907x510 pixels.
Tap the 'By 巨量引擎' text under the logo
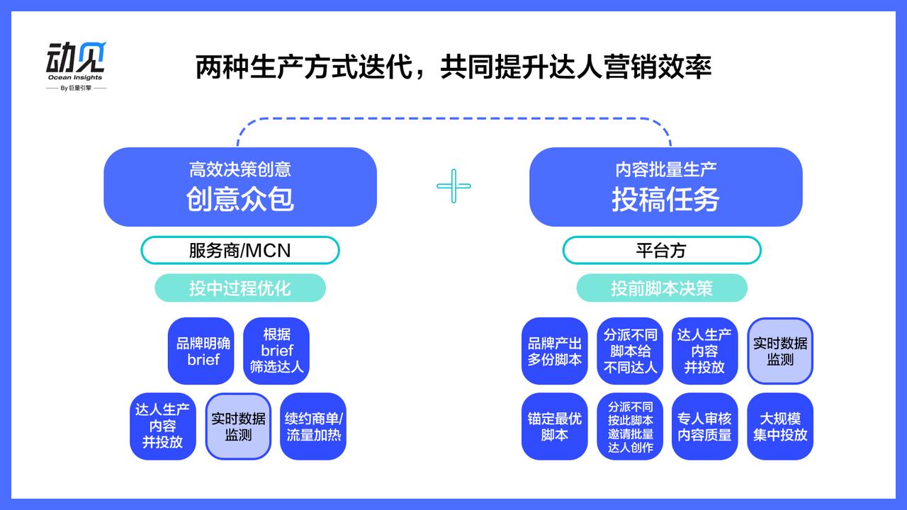(x=76, y=89)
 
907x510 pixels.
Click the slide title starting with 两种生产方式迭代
(x=453, y=67)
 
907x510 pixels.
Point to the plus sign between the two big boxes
(x=453, y=186)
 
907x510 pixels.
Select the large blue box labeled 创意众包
(x=240, y=187)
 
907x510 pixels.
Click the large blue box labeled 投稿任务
(x=665, y=187)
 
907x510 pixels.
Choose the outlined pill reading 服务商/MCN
(x=240, y=250)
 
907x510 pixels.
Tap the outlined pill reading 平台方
(x=661, y=250)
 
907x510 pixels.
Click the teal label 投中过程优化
(x=240, y=288)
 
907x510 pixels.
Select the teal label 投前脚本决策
(x=661, y=288)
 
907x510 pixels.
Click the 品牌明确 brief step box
(x=203, y=351)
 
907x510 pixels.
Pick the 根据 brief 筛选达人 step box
(x=276, y=351)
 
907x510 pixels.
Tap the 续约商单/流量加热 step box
(x=313, y=426)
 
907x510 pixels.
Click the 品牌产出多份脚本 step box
(x=555, y=351)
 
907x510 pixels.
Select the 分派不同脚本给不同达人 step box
(x=630, y=351)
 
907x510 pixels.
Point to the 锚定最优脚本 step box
(x=555, y=426)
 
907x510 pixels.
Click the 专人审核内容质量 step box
(x=705, y=426)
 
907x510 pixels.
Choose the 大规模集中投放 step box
(x=780, y=426)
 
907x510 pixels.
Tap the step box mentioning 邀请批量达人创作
(x=630, y=426)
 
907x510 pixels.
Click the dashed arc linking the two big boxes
(x=453, y=118)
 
